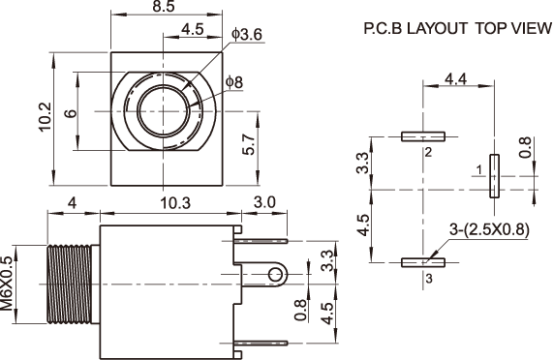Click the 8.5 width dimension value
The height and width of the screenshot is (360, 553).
(164, 7)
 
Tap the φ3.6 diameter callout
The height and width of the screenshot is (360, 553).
(247, 34)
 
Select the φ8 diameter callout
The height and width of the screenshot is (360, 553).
(234, 82)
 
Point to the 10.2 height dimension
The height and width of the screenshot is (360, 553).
(45, 117)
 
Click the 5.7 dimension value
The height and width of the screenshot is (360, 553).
(249, 144)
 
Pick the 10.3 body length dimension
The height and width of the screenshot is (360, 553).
(175, 203)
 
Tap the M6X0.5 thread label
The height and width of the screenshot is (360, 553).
(7, 284)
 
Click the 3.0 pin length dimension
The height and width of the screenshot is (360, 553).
(264, 202)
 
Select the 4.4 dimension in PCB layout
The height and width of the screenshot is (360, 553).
(455, 79)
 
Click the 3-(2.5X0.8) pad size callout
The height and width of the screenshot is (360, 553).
(489, 229)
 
